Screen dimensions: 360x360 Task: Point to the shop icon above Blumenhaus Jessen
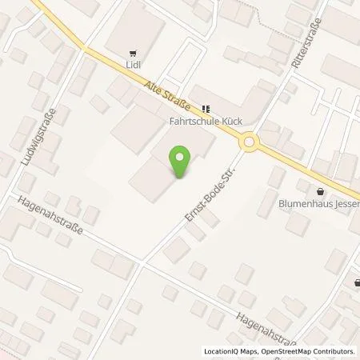(x=321, y=191)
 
